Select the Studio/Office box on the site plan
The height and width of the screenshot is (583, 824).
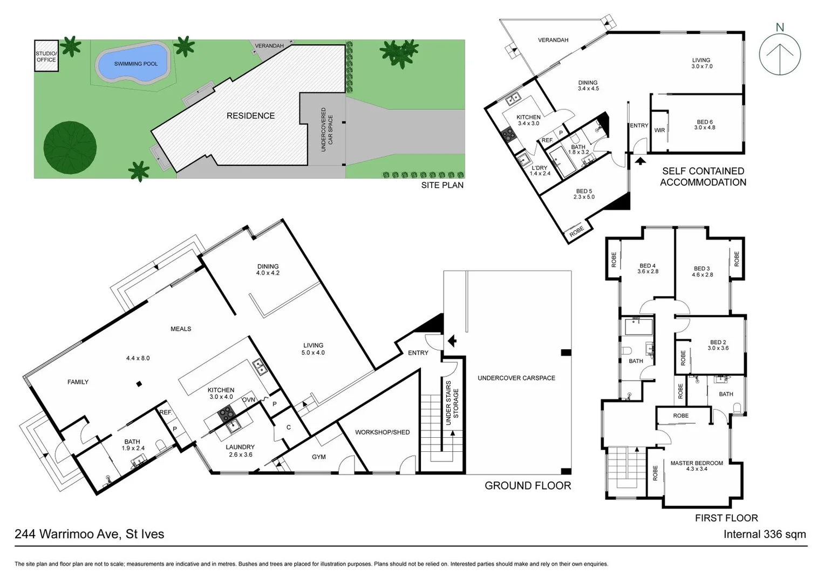[x=46, y=56]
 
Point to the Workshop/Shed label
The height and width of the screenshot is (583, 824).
[x=382, y=432]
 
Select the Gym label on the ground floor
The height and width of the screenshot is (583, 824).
[x=318, y=457]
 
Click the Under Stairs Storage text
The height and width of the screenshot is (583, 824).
[x=452, y=403]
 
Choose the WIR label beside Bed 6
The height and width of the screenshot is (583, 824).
[x=659, y=130]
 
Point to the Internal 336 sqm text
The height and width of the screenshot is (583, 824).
[x=764, y=534]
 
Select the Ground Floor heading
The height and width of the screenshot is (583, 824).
[x=527, y=485]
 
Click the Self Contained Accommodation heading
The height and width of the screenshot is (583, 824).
[x=703, y=177]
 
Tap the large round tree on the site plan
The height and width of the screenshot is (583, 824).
[x=70, y=148]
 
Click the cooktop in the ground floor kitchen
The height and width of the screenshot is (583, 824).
[x=226, y=415]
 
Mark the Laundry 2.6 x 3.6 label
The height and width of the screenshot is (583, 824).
[x=240, y=451]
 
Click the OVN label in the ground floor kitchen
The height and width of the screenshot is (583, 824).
[x=248, y=399]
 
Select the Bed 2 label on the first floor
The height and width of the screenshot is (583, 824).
[x=718, y=345]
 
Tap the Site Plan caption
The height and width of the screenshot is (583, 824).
[x=442, y=185]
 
